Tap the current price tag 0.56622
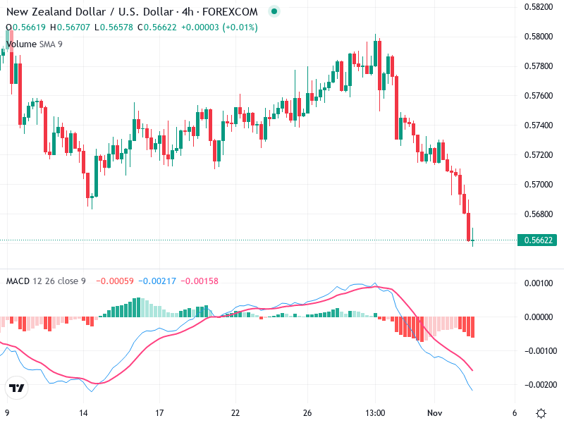click(x=539, y=240)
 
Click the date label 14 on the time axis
click(x=84, y=412)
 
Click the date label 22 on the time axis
click(x=235, y=412)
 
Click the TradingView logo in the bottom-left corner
click(x=16, y=388)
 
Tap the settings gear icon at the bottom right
click(x=541, y=413)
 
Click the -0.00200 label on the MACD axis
click(x=539, y=385)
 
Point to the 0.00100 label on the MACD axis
click(x=539, y=283)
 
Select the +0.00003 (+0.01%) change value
click(x=219, y=27)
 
